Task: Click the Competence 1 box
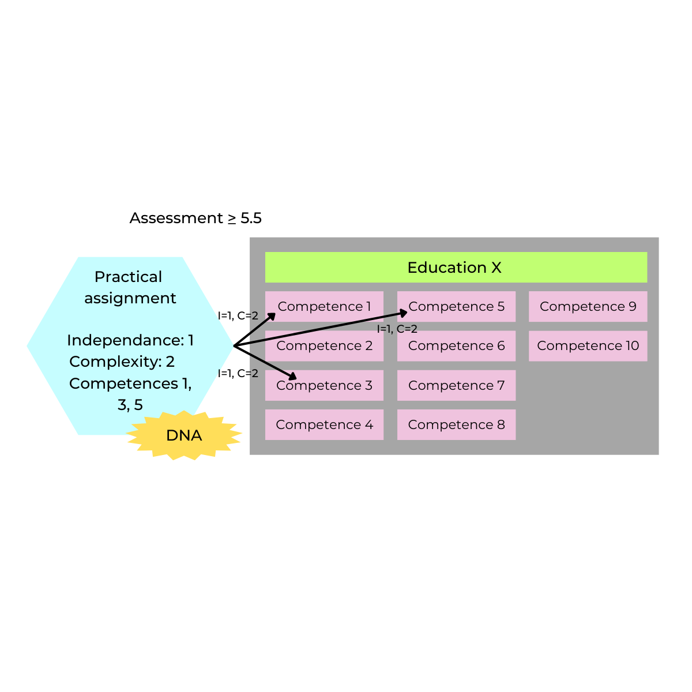(324, 306)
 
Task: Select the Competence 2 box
(324, 346)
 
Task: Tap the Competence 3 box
(324, 385)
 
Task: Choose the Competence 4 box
(324, 424)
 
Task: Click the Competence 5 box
(456, 306)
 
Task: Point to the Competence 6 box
(456, 346)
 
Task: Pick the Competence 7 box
(456, 385)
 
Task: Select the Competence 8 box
(456, 424)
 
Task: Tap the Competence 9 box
(588, 306)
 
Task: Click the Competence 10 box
(588, 346)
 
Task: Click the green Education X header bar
(456, 267)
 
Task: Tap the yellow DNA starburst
(184, 435)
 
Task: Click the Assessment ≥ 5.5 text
(195, 218)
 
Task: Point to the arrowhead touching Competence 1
(272, 316)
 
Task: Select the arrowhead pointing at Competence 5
(404, 313)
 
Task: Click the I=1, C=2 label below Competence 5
(397, 329)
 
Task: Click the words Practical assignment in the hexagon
(130, 287)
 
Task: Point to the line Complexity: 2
(122, 362)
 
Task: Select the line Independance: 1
(130, 340)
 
